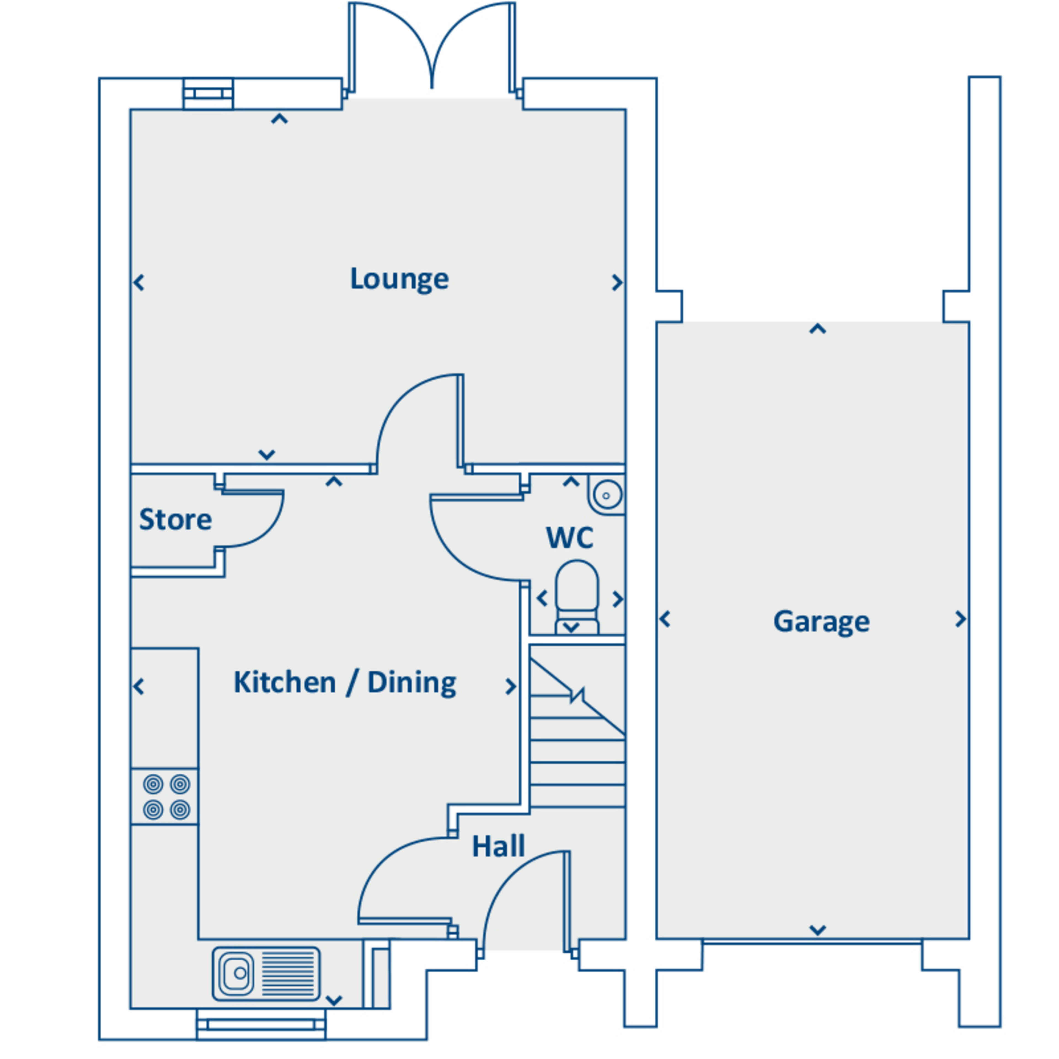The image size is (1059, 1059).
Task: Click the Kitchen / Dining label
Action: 345,683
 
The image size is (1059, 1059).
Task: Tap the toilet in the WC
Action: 577,595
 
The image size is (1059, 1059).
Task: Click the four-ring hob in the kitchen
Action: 166,796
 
